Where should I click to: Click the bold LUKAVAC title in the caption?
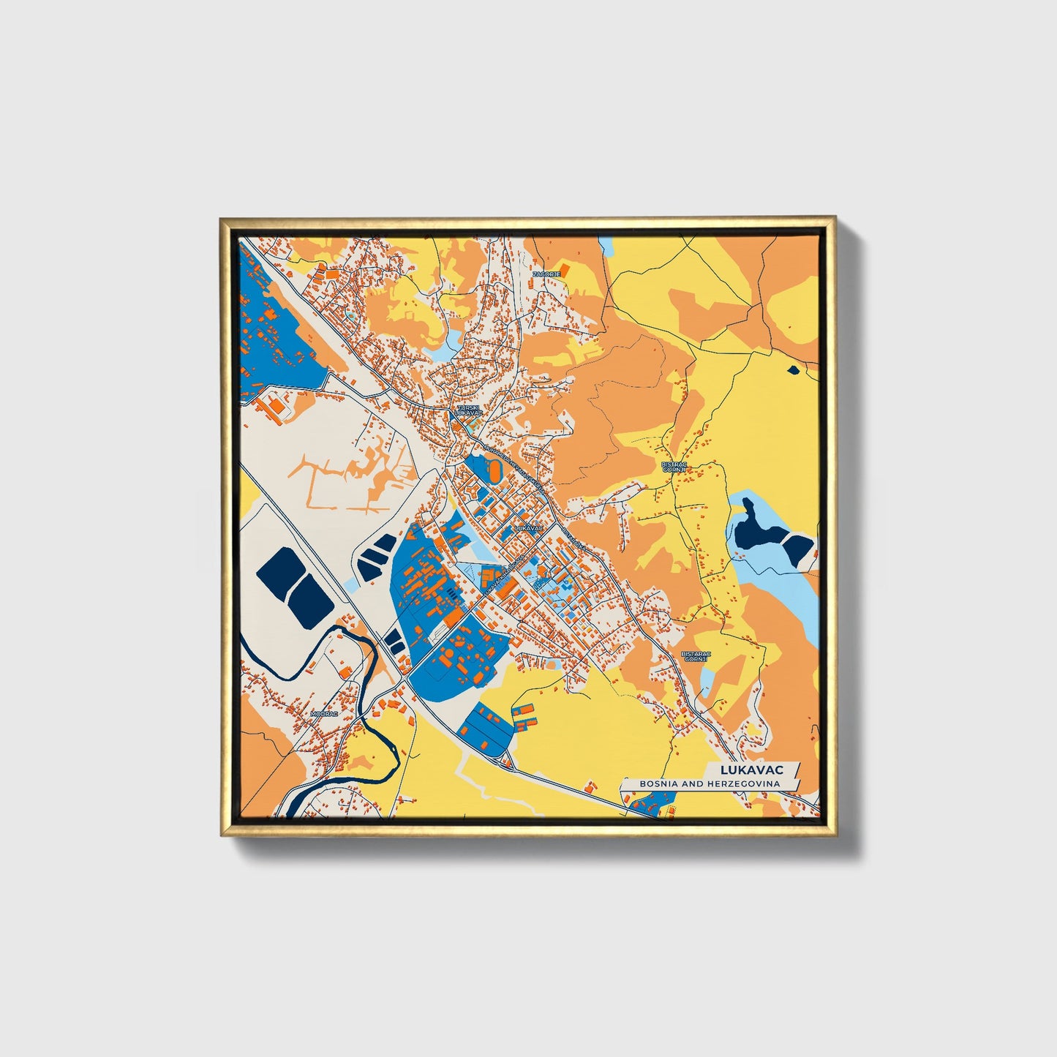[x=751, y=770]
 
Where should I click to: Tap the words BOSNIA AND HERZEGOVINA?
[x=709, y=783]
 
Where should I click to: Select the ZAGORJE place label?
[x=546, y=274]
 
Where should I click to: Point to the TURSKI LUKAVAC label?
[x=467, y=410]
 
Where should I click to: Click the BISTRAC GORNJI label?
[x=672, y=467]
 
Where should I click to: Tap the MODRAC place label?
[x=324, y=712]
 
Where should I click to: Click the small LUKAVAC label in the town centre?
[x=528, y=527]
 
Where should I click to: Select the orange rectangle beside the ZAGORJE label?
[x=565, y=268]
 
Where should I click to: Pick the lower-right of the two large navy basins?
[x=312, y=596]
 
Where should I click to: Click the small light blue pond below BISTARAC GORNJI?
[x=707, y=682]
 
